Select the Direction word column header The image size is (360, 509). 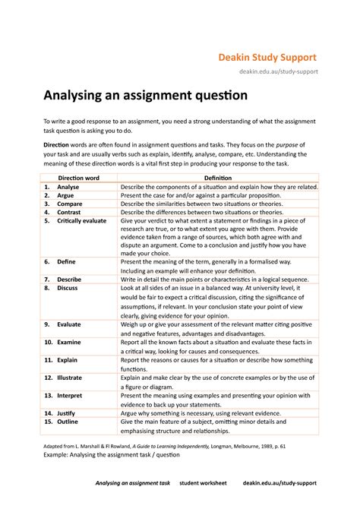[x=80, y=176]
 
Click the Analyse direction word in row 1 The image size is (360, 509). [x=68, y=186]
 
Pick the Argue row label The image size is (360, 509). [x=67, y=195]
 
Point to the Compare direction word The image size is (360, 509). [x=71, y=204]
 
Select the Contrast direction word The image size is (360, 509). [x=71, y=213]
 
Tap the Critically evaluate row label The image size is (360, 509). [x=84, y=223]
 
